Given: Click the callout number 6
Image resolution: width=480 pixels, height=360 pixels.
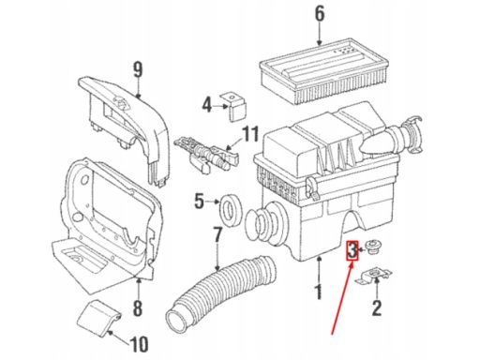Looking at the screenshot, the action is pyautogui.click(x=319, y=15).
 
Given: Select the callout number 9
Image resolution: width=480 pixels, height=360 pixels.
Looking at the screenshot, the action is pyautogui.click(x=138, y=70).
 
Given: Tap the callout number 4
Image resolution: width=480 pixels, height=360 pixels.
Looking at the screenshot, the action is pyautogui.click(x=207, y=105).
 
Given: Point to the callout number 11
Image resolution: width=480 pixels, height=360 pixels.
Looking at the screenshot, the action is pyautogui.click(x=251, y=134).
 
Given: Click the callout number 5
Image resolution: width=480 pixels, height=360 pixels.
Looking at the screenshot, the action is pyautogui.click(x=199, y=201).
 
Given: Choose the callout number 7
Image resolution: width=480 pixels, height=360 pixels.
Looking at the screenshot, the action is pyautogui.click(x=217, y=235).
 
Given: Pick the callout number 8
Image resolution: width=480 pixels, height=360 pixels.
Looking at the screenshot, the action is pyautogui.click(x=138, y=307).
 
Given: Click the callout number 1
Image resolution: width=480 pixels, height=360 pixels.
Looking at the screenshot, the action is pyautogui.click(x=319, y=292).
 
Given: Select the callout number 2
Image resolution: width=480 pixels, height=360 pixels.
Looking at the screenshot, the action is pyautogui.click(x=377, y=307).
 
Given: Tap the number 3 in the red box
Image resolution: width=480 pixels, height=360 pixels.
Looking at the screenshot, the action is pyautogui.click(x=352, y=250).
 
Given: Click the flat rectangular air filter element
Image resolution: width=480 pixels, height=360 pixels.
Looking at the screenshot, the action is pyautogui.click(x=323, y=71).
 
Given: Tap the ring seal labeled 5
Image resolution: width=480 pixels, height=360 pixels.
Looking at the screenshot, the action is pyautogui.click(x=231, y=210).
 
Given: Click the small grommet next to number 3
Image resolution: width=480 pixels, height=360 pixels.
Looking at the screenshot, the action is pyautogui.click(x=372, y=247).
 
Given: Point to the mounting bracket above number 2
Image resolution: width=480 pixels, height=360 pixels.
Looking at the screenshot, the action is pyautogui.click(x=374, y=277).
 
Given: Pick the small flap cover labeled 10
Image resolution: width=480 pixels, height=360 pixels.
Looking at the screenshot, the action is pyautogui.click(x=97, y=318).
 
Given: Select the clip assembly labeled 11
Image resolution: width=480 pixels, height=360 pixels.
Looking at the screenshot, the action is pyautogui.click(x=206, y=154).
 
